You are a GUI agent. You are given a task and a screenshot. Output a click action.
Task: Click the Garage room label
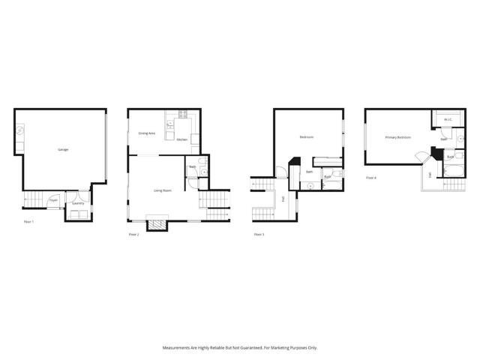coord(63,149)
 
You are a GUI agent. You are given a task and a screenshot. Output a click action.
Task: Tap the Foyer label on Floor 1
coord(53,200)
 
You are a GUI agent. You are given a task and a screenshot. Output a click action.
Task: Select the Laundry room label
coord(78,202)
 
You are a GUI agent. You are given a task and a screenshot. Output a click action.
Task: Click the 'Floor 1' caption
coord(28,221)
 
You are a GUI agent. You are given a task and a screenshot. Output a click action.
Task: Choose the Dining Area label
coord(146,133)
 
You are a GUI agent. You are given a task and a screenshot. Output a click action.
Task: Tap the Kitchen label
coord(181,139)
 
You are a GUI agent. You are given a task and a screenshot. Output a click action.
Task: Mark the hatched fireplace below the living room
coord(157,223)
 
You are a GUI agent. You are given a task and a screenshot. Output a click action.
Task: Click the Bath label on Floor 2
coord(192,166)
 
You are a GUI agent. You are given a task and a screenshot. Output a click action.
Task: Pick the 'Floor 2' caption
coord(133,235)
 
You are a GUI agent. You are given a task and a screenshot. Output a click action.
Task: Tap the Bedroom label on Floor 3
coord(306,137)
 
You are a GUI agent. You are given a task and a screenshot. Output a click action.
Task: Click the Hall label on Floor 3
coord(283,199)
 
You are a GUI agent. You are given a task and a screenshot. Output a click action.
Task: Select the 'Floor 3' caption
coord(259,235)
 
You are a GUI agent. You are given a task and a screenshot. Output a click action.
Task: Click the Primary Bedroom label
coord(397,138)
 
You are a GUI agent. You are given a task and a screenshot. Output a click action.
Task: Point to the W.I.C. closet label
coord(447,119)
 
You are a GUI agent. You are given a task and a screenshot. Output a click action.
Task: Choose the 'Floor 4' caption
coord(370,178)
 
